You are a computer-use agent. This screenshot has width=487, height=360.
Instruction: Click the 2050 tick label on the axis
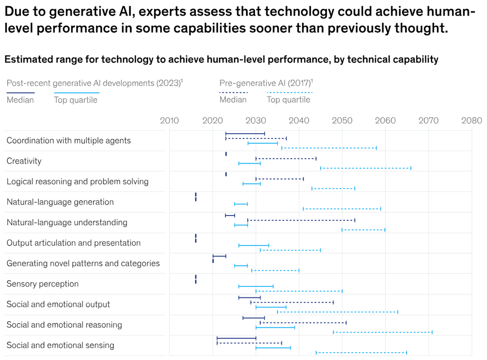[x=342, y=121]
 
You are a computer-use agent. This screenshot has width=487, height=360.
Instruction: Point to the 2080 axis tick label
[x=471, y=121]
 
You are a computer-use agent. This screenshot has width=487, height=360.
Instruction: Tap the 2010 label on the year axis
[x=169, y=121]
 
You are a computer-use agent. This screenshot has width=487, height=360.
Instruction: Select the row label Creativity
[x=24, y=161]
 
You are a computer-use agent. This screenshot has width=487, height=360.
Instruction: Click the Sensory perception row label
[x=42, y=284]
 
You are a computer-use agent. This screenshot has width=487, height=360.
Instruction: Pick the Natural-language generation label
[x=60, y=202]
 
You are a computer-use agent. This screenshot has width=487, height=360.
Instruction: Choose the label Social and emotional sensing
[x=60, y=345]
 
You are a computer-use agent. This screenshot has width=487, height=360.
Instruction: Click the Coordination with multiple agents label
[x=68, y=140]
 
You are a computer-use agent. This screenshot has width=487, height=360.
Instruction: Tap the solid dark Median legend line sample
[x=21, y=93]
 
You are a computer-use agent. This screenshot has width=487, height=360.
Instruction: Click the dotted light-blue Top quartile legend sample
[x=290, y=93]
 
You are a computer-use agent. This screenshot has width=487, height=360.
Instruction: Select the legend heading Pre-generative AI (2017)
[x=265, y=83]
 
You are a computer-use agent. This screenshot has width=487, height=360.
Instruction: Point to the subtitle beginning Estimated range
[x=221, y=60]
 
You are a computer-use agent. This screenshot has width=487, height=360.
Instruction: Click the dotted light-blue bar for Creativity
[x=366, y=168]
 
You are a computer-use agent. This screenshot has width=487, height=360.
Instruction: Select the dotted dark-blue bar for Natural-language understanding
[x=301, y=220]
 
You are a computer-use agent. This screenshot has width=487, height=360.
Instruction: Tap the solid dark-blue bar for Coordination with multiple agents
[x=245, y=134]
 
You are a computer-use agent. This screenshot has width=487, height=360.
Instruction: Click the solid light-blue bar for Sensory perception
[x=256, y=286]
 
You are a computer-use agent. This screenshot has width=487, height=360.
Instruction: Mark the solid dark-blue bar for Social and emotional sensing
[x=236, y=338]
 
